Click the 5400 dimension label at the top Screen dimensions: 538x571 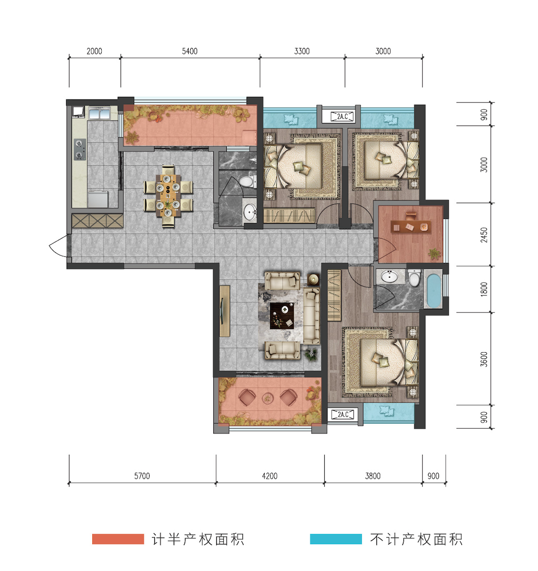click(x=190, y=52)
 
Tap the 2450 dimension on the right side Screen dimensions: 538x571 click(x=484, y=235)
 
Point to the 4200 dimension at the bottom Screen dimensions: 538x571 click(x=270, y=476)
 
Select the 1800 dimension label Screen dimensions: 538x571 click(x=484, y=289)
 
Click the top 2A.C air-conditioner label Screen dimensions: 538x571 click(x=343, y=117)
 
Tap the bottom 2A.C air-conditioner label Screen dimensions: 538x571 click(x=343, y=414)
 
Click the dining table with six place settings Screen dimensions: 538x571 click(x=168, y=196)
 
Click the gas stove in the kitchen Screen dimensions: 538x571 click(x=80, y=150)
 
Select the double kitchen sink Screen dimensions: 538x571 click(x=100, y=113)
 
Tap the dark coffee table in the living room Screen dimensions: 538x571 click(x=282, y=315)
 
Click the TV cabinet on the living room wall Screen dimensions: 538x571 click(x=225, y=311)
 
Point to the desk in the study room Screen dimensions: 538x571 click(x=410, y=227)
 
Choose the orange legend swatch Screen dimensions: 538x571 click(x=118, y=539)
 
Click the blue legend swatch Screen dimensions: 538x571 click(x=336, y=539)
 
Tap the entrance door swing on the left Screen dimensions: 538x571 click(x=58, y=246)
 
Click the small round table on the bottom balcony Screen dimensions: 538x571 click(x=267, y=398)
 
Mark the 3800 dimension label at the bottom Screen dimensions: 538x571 click(x=373, y=476)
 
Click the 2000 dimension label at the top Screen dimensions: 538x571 click(x=94, y=52)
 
